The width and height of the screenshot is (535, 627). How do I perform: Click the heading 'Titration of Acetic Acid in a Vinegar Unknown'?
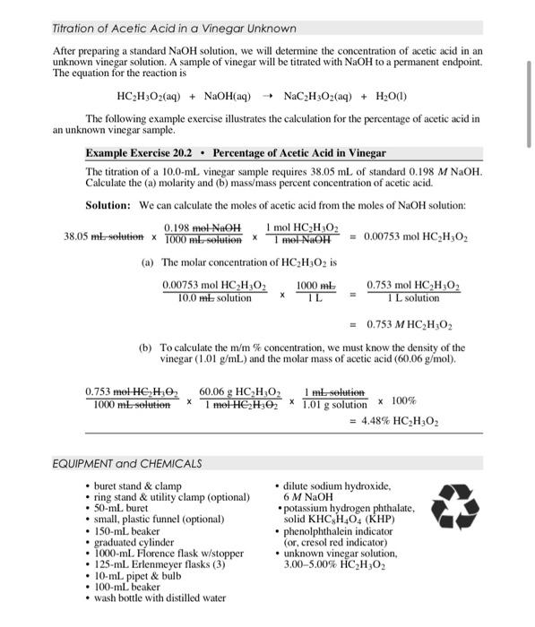[174, 29]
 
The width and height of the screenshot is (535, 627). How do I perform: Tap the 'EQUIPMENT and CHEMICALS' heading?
[127, 463]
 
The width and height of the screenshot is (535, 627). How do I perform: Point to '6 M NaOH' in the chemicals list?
[308, 497]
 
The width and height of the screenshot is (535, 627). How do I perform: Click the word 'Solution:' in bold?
[108, 205]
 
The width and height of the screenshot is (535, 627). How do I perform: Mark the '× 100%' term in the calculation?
[397, 400]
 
